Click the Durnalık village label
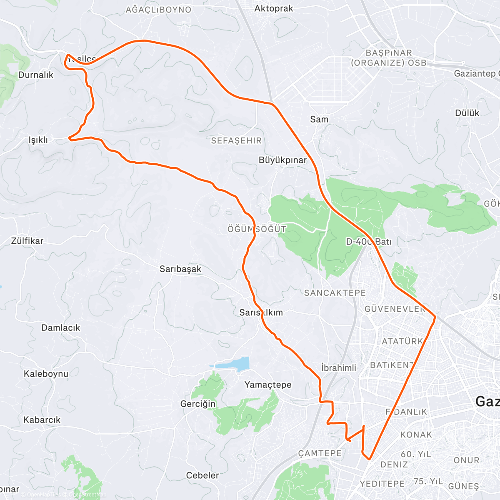(36, 75)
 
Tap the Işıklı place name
(38, 140)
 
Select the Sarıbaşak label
(180, 269)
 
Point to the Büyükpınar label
(282, 160)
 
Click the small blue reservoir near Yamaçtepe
(233, 364)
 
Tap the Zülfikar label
(27, 241)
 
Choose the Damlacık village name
(60, 328)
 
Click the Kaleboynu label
(46, 374)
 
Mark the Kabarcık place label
(42, 420)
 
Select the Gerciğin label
(198, 404)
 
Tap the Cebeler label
(202, 475)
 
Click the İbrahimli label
(339, 368)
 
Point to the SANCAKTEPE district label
(335, 293)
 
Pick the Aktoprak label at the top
(274, 8)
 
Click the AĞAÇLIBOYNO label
(158, 10)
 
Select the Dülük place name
(467, 113)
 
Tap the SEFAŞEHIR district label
(236, 141)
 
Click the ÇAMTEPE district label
(320, 453)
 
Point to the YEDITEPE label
(382, 484)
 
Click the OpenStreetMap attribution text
(87, 495)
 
